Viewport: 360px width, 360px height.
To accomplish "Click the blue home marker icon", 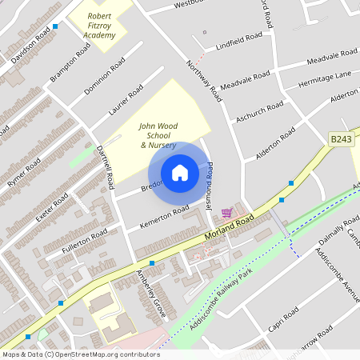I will (180, 173).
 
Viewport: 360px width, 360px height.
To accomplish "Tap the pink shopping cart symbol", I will (226, 212).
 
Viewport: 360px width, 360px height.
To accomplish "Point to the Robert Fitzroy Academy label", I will (99, 24).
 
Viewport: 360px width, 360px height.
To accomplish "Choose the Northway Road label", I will (203, 80).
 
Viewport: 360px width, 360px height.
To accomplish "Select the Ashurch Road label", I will (259, 112).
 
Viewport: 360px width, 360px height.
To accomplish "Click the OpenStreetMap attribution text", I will (81, 354).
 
